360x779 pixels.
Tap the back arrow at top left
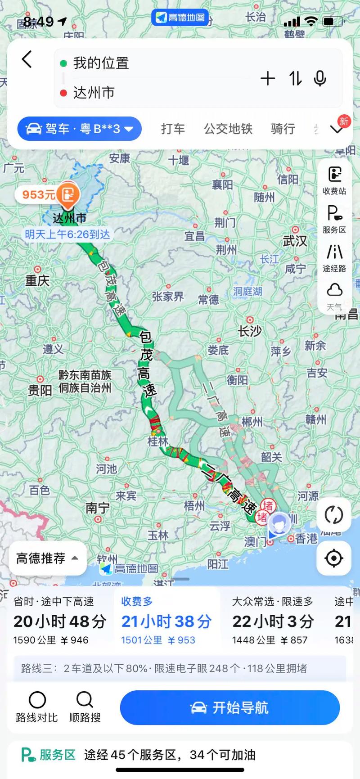[27, 59]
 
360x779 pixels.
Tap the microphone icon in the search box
[320, 78]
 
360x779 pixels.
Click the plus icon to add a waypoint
[268, 78]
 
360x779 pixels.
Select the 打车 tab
[173, 129]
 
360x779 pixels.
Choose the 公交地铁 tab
[228, 129]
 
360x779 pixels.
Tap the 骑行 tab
[283, 129]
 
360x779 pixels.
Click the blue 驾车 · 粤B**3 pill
[80, 129]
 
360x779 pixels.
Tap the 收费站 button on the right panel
[334, 180]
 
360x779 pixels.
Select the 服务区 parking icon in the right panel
[334, 219]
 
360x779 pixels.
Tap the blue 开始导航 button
[229, 708]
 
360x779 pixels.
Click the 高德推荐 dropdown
[47, 558]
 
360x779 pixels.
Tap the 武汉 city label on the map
[295, 241]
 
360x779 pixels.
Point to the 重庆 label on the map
[37, 281]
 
